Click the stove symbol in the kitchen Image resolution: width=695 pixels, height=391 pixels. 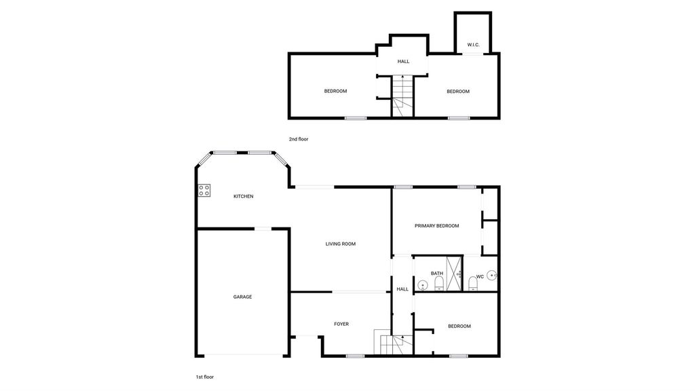204,191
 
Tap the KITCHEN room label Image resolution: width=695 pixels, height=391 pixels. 244,196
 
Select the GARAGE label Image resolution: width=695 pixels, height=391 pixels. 242,297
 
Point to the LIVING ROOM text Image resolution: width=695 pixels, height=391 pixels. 341,244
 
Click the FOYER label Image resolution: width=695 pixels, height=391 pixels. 341,324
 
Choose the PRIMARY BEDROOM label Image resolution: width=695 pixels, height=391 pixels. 436,225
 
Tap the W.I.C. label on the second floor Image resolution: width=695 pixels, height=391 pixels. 473,45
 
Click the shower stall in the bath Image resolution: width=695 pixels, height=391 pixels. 454,274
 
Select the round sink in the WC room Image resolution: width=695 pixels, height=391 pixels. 491,276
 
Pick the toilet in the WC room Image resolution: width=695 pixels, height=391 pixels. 472,284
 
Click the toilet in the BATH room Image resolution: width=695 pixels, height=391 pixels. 439,284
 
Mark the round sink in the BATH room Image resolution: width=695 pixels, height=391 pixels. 423,285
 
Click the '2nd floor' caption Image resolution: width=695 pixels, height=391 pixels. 299,139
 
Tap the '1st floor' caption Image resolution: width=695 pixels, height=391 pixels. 205,377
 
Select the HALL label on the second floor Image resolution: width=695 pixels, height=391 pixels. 403,62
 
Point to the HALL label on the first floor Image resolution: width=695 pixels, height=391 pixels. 402,289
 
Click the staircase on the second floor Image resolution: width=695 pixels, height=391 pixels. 402,96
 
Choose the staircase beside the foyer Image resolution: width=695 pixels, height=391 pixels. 394,342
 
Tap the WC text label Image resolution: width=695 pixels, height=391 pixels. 480,277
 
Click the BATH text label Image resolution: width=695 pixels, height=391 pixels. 436,274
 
